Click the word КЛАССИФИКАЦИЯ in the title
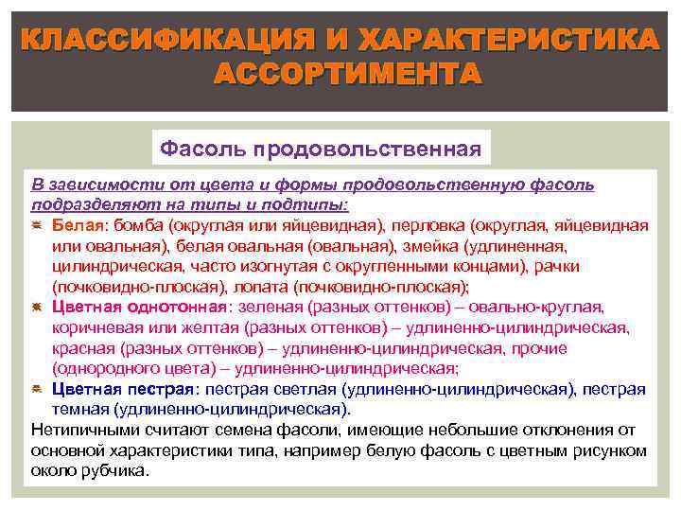pos(161,41)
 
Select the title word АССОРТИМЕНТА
pos(348,74)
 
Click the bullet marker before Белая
pos(37,225)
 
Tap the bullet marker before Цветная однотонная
pos(37,308)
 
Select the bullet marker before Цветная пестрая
pos(37,390)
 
